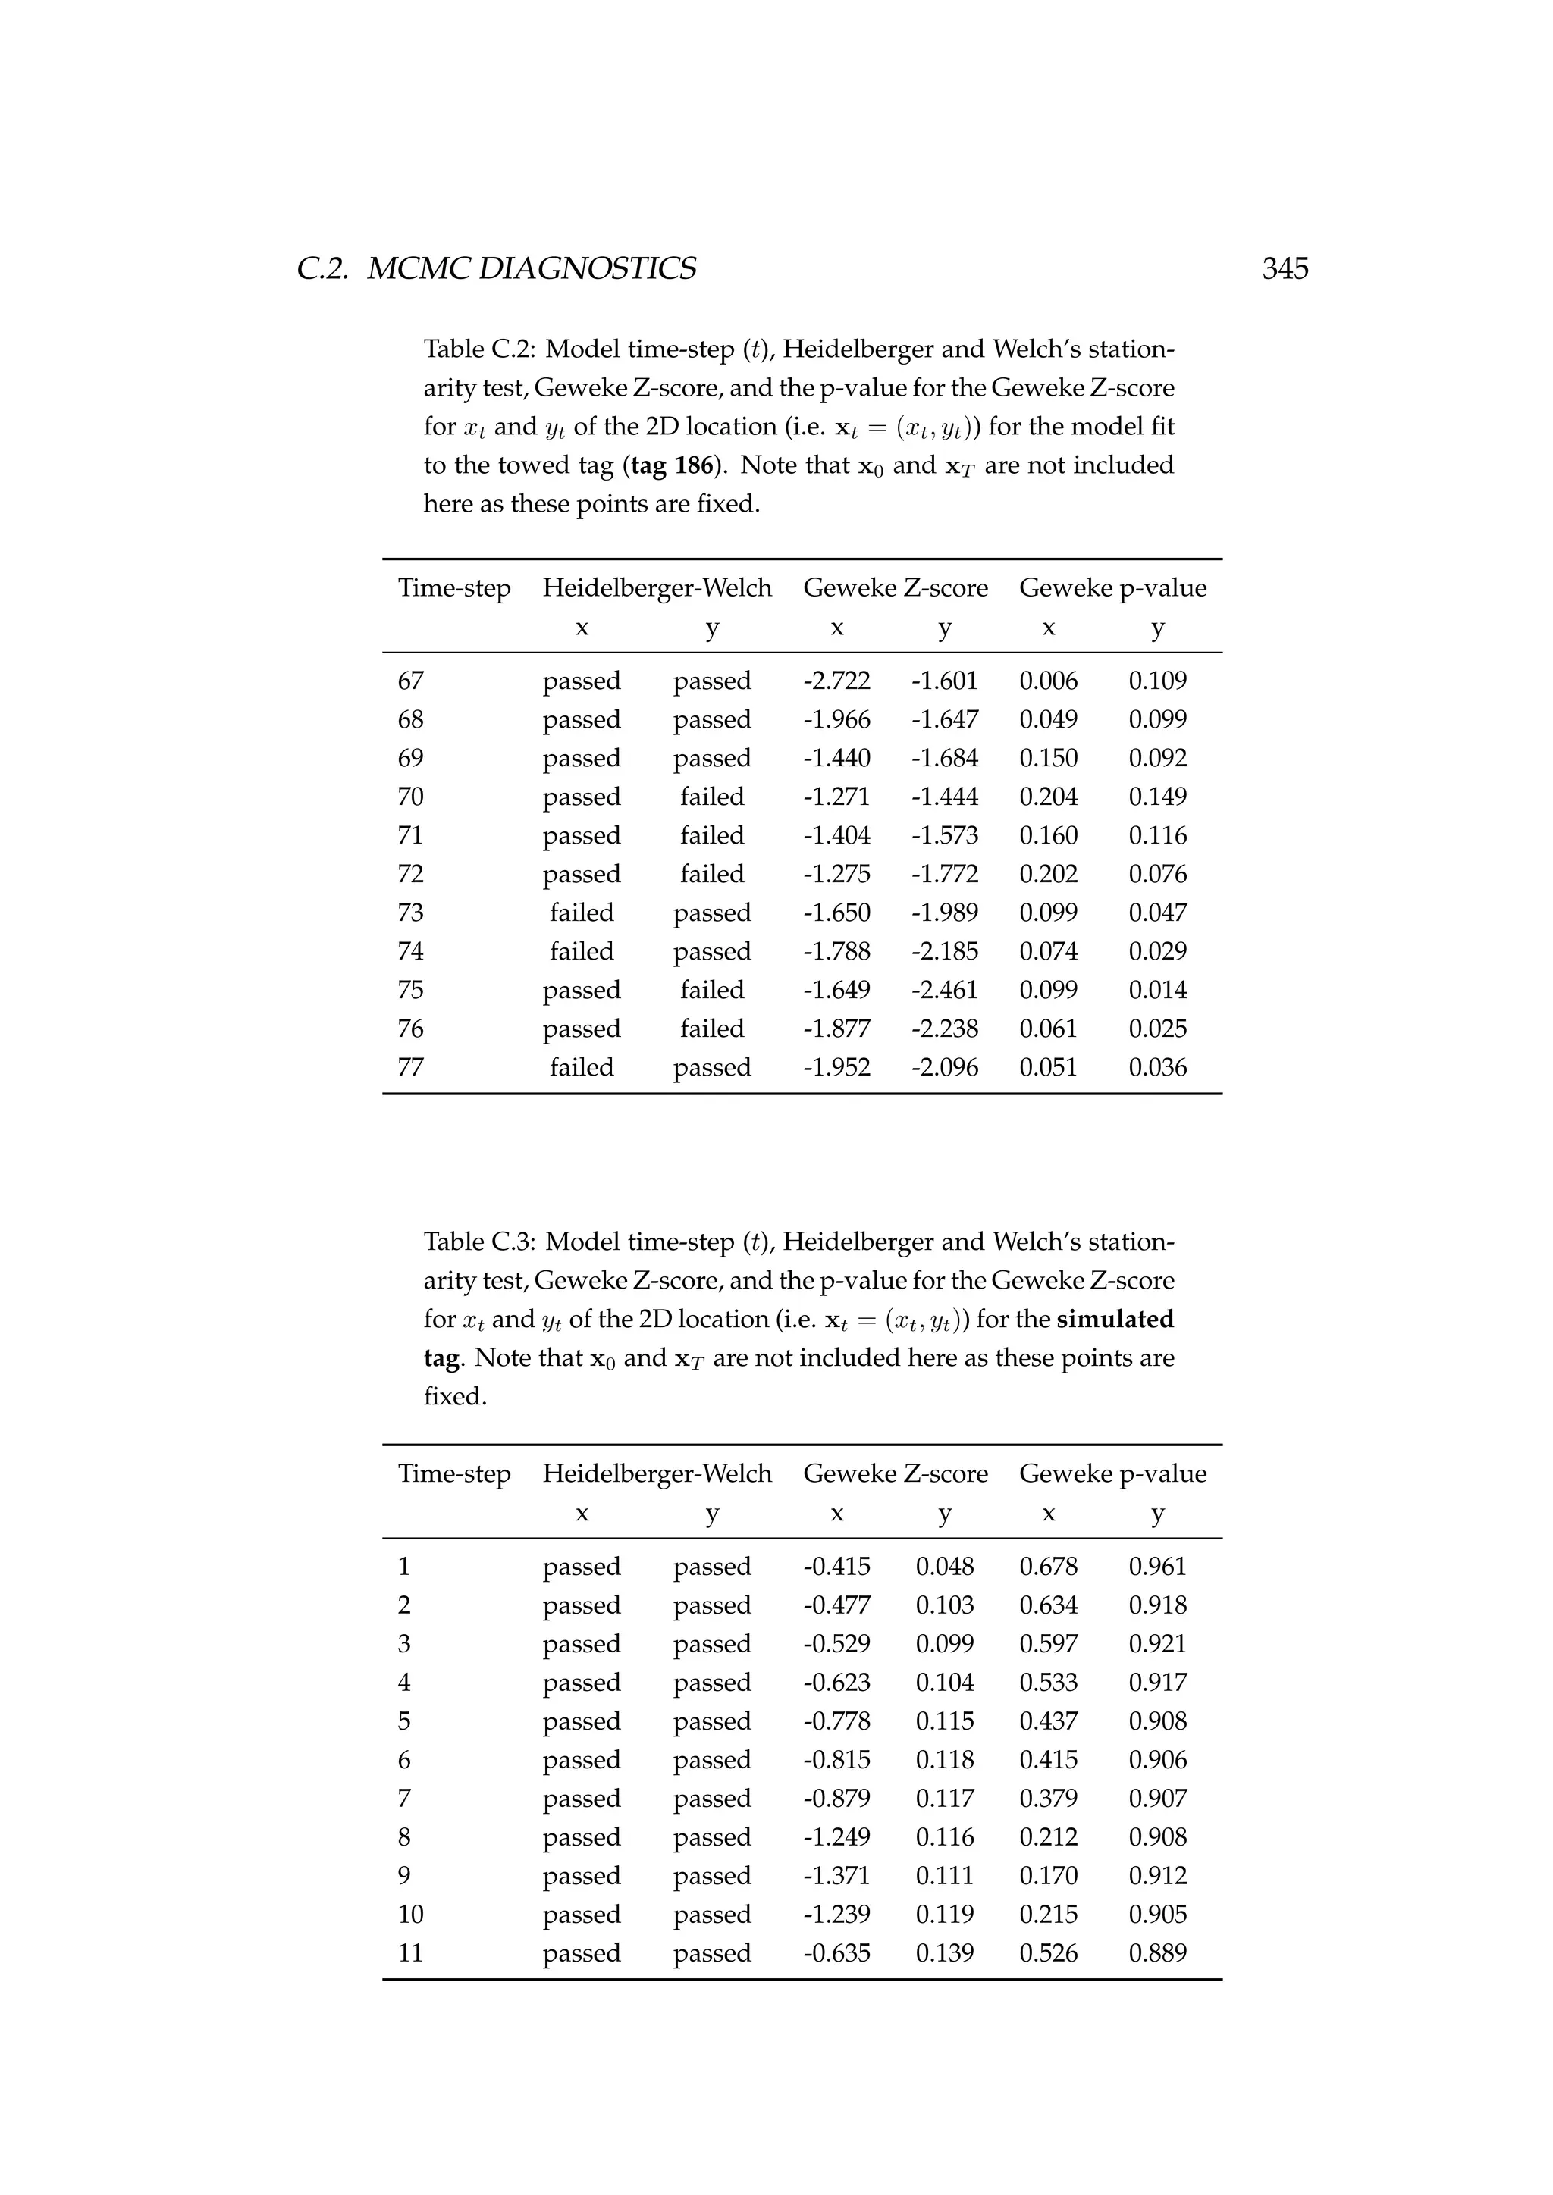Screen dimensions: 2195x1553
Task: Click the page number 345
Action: tap(1285, 268)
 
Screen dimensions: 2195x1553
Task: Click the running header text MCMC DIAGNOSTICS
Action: tap(531, 268)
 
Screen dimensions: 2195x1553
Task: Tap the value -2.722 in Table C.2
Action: tap(836, 681)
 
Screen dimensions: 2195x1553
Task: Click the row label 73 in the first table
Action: tap(410, 913)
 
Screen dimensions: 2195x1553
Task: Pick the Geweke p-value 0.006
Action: tap(1048, 681)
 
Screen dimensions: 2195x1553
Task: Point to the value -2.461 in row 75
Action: tap(944, 991)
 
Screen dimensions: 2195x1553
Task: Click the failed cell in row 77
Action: tap(582, 1068)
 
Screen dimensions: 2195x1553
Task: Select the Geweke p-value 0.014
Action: tap(1157, 991)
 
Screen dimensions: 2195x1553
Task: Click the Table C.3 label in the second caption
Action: tap(480, 1242)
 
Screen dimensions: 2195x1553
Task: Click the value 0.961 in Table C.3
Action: tap(1157, 1567)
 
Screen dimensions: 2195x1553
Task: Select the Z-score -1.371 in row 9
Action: tap(836, 1876)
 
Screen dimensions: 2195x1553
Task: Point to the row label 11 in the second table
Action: tap(410, 1953)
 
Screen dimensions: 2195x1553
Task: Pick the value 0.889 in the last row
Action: tap(1157, 1953)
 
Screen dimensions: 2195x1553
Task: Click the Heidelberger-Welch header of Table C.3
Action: tap(657, 1474)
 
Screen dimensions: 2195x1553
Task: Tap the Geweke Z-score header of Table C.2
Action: tap(895, 588)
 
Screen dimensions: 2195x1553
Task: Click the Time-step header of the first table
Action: tap(454, 588)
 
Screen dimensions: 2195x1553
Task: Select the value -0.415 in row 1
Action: tap(836, 1567)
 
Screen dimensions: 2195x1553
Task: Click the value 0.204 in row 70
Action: tap(1048, 797)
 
